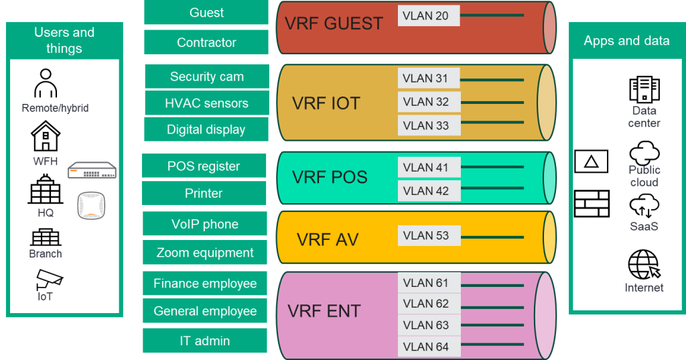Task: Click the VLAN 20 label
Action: tap(428, 16)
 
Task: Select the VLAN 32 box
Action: tap(428, 102)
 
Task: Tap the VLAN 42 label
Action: tap(428, 191)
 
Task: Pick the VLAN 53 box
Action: tap(428, 235)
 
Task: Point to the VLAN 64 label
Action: tap(428, 347)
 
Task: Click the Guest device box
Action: tap(206, 13)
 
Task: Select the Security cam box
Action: tap(206, 76)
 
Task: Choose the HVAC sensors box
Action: tap(206, 103)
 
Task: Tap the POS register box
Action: tap(204, 166)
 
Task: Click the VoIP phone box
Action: tap(204, 224)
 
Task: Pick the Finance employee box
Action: tap(204, 284)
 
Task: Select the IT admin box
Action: tap(204, 341)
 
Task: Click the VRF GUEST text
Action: tap(334, 23)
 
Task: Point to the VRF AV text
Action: tap(328, 239)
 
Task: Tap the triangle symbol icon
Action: tap(591, 162)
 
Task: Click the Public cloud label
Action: tap(644, 176)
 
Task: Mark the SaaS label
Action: tap(644, 227)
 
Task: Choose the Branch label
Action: tap(45, 254)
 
